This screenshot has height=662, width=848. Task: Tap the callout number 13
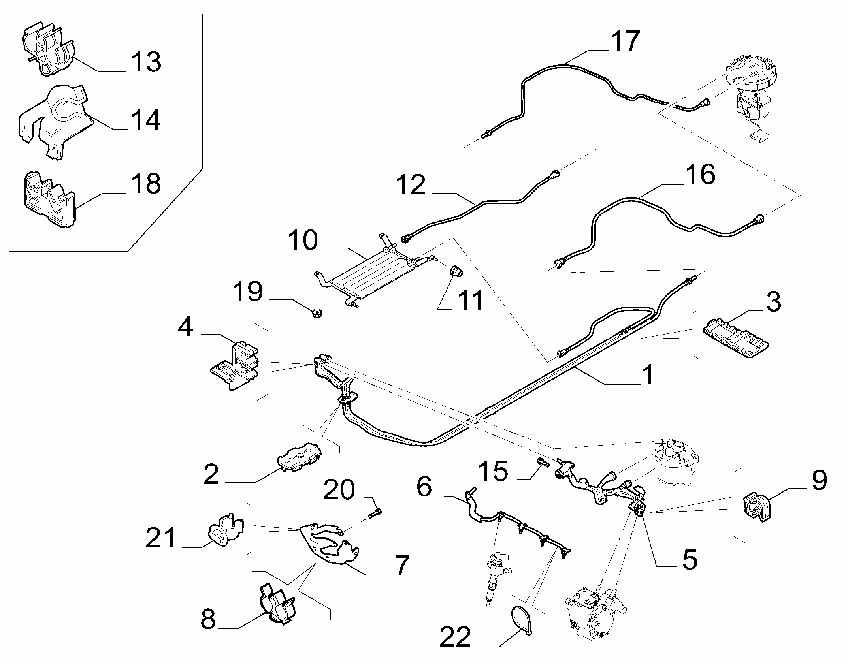[145, 62]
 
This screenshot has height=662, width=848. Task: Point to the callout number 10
[303, 241]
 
